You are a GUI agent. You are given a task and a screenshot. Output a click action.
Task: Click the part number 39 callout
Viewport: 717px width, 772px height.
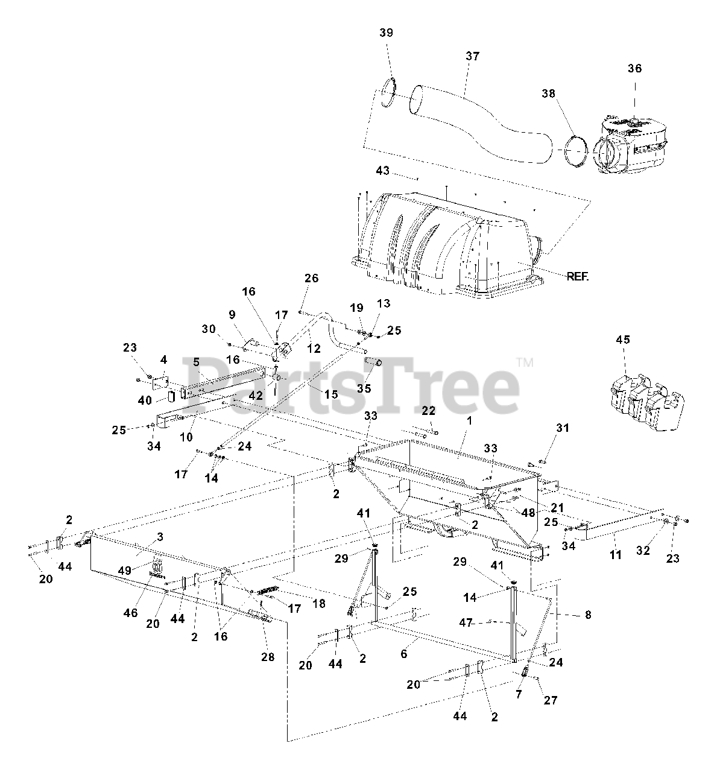(x=386, y=33)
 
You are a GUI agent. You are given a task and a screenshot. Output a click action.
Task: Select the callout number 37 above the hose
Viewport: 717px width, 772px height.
(x=472, y=56)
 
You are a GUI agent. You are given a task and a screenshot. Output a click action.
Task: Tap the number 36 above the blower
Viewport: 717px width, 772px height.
(x=634, y=69)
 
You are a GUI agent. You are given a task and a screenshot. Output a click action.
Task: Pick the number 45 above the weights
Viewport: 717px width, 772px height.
(x=622, y=340)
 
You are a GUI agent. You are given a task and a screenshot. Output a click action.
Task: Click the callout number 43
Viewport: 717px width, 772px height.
(x=382, y=171)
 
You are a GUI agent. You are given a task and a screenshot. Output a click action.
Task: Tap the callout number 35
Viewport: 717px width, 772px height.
(x=364, y=388)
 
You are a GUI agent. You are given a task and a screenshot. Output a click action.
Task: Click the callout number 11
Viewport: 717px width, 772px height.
(x=615, y=554)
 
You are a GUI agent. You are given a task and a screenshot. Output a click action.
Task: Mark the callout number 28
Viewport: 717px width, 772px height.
(x=268, y=657)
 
